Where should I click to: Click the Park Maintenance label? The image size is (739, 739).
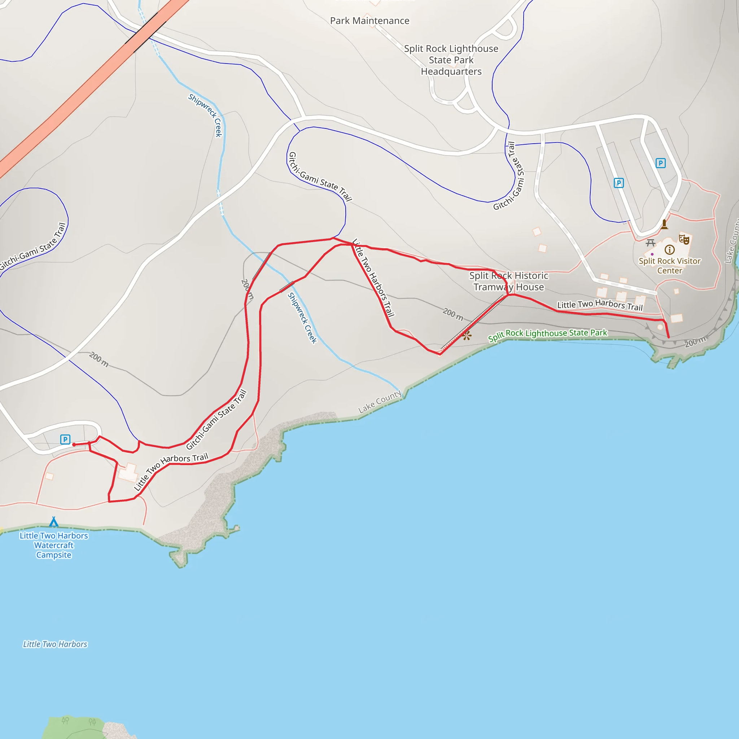[x=369, y=21]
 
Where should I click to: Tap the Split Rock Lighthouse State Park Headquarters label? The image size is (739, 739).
[x=451, y=60]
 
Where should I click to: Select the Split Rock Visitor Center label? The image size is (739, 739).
[x=669, y=266]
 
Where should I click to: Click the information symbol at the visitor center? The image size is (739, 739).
[x=669, y=250]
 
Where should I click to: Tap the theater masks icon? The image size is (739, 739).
[x=684, y=240]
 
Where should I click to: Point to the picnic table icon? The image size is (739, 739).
[x=650, y=243]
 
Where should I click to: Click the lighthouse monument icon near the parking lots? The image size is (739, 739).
[x=664, y=224]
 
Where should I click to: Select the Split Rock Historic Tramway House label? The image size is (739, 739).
[x=508, y=281]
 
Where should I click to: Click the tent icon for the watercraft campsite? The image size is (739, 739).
[x=54, y=522]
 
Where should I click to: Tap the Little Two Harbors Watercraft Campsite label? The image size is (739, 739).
[x=54, y=545]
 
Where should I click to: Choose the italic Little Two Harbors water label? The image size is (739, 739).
[x=55, y=644]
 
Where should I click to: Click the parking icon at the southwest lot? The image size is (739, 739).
[x=65, y=440]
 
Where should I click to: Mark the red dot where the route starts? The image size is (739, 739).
[x=74, y=445]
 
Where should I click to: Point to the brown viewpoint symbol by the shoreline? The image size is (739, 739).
[x=467, y=336]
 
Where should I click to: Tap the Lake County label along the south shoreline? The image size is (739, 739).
[x=380, y=401]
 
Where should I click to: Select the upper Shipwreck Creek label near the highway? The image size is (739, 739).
[x=205, y=115]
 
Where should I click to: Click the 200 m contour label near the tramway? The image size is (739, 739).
[x=453, y=314]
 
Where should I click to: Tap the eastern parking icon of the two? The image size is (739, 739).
[x=660, y=163]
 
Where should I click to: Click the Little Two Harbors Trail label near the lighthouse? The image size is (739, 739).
[x=599, y=305]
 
